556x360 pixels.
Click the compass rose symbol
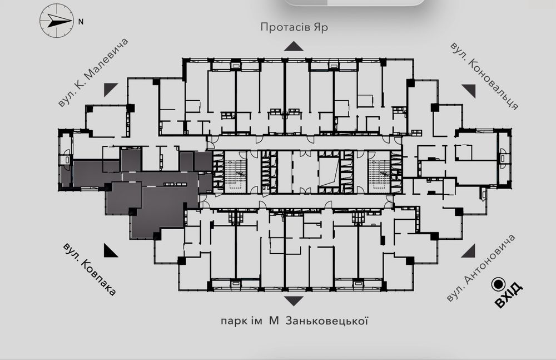[x=56, y=21]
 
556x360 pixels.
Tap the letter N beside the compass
[x=81, y=22]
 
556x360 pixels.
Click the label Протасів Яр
[x=294, y=27]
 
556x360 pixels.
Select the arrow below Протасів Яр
[x=294, y=46]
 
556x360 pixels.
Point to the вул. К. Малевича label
[x=93, y=72]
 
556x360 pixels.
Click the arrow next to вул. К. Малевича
[x=111, y=90]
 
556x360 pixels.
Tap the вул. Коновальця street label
[x=484, y=76]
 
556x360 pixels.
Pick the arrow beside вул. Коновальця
[x=469, y=91]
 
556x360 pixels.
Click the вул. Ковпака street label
[x=90, y=269]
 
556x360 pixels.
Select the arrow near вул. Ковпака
[x=111, y=250]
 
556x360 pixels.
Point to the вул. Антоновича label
[x=480, y=268]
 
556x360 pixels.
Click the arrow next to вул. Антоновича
[x=468, y=250]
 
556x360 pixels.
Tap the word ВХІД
[x=509, y=295]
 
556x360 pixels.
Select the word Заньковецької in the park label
[x=326, y=321]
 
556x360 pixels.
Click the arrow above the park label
[x=294, y=301]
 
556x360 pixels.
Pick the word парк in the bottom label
[x=231, y=322]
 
